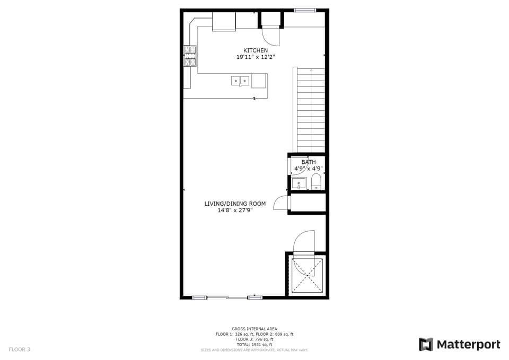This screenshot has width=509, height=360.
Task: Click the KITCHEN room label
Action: (x=252, y=50)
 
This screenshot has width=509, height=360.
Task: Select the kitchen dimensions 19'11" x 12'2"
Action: (x=252, y=57)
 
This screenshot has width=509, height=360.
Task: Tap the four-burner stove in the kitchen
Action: (x=190, y=56)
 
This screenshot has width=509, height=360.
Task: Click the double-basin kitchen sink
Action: (x=240, y=81)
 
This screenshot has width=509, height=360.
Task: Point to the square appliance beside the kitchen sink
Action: (x=259, y=81)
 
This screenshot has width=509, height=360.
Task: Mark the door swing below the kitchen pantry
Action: (x=270, y=36)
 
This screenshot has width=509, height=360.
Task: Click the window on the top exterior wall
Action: (x=305, y=10)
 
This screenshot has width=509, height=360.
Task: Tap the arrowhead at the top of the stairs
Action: (x=311, y=69)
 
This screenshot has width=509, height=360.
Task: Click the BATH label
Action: (x=309, y=162)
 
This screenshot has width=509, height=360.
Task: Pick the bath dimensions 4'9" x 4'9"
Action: (x=309, y=169)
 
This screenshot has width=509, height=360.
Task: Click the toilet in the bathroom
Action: (x=316, y=181)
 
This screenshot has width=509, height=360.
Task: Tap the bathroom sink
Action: (x=299, y=183)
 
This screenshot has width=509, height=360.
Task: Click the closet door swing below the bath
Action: (x=280, y=204)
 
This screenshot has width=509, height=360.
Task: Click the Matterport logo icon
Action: (x=426, y=345)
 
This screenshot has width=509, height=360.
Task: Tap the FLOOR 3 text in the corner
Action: (x=19, y=349)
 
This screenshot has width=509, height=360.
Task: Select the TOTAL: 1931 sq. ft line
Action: (x=254, y=345)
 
